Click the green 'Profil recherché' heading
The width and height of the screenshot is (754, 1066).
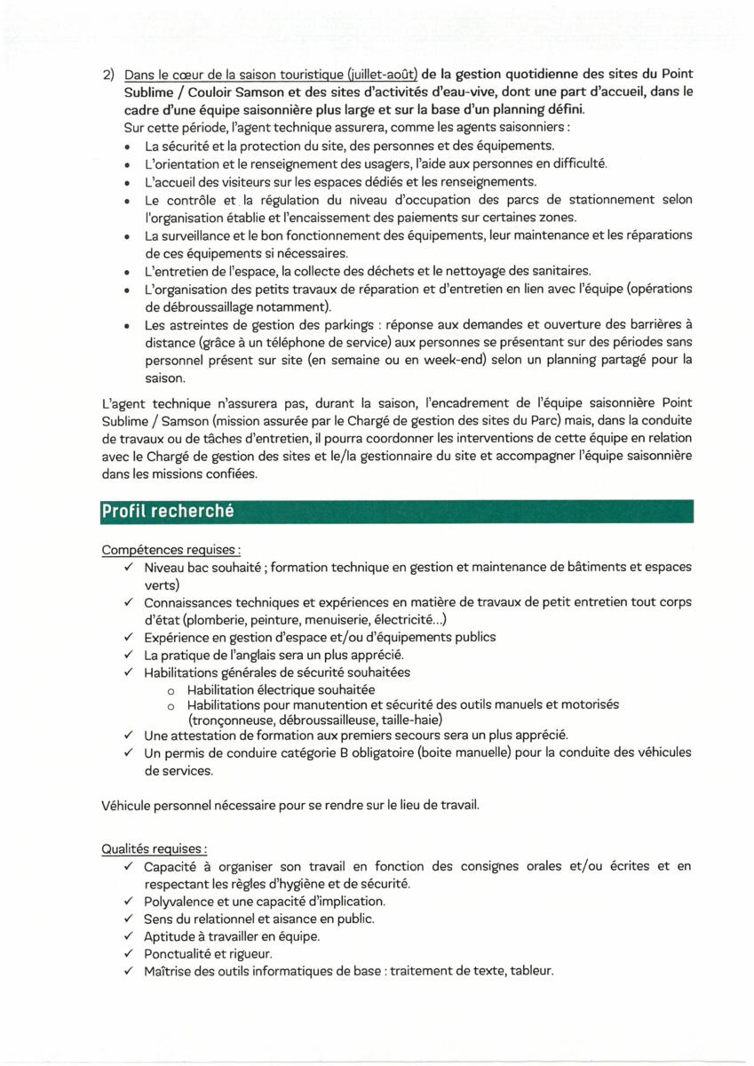(167, 512)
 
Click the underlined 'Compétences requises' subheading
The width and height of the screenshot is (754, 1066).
(172, 551)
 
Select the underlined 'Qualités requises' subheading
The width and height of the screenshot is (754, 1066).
(155, 848)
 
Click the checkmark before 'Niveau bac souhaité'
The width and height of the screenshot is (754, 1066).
(129, 567)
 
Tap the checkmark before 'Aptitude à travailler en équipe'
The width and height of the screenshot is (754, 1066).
(129, 936)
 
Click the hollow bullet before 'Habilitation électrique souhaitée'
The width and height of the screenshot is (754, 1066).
(171, 689)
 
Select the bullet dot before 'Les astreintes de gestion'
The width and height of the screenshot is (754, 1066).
(130, 325)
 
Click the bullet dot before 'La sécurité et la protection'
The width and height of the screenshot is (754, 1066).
(130, 147)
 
